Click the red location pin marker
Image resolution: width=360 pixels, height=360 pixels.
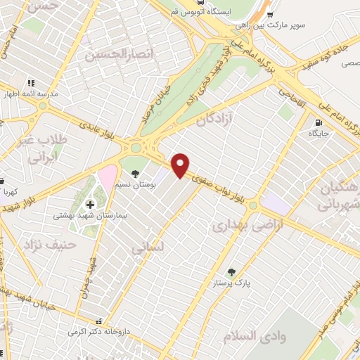point(181,165)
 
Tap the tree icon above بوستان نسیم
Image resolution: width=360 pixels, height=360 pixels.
point(135,174)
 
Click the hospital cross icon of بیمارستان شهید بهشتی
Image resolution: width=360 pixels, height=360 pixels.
point(90,205)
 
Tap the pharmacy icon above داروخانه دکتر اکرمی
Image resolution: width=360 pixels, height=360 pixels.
point(106,320)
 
